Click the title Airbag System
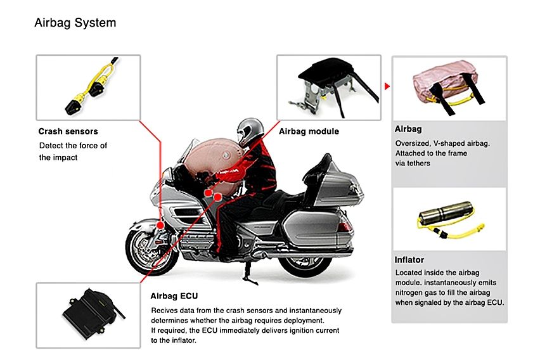pyautogui.click(x=75, y=23)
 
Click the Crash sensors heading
pyautogui.click(x=68, y=132)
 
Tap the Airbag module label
pyautogui.click(x=309, y=132)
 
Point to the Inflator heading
pyautogui.click(x=409, y=260)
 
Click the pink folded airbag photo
pyautogui.click(x=448, y=87)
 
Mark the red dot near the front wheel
pyautogui.click(x=161, y=225)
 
